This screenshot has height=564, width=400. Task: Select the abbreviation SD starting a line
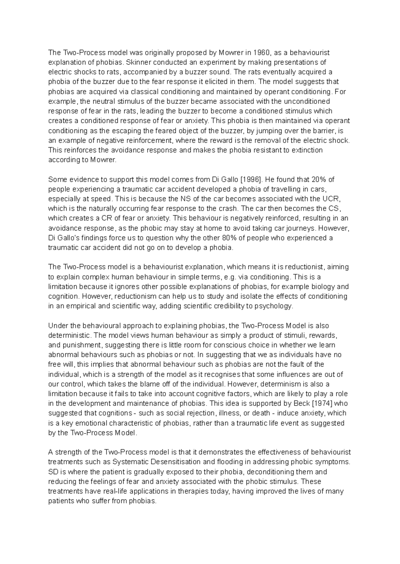53,472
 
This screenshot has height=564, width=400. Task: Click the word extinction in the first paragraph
307,150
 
